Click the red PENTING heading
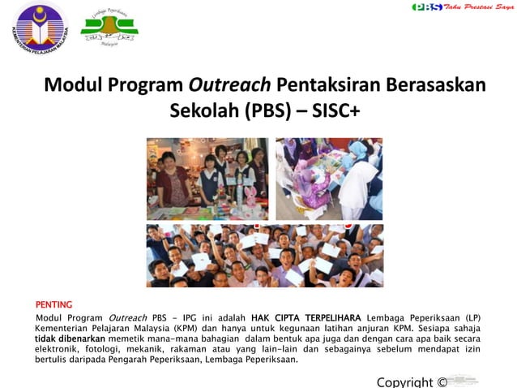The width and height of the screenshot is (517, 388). click(x=53, y=304)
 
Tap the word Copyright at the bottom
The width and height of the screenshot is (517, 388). click(x=405, y=382)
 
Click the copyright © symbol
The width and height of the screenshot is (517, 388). click(x=442, y=382)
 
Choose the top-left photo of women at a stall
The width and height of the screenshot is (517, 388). click(x=207, y=179)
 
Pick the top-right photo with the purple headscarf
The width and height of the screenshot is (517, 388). click(x=328, y=179)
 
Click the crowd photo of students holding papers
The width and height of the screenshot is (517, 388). click(x=264, y=255)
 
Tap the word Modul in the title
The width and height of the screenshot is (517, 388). click(x=69, y=84)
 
